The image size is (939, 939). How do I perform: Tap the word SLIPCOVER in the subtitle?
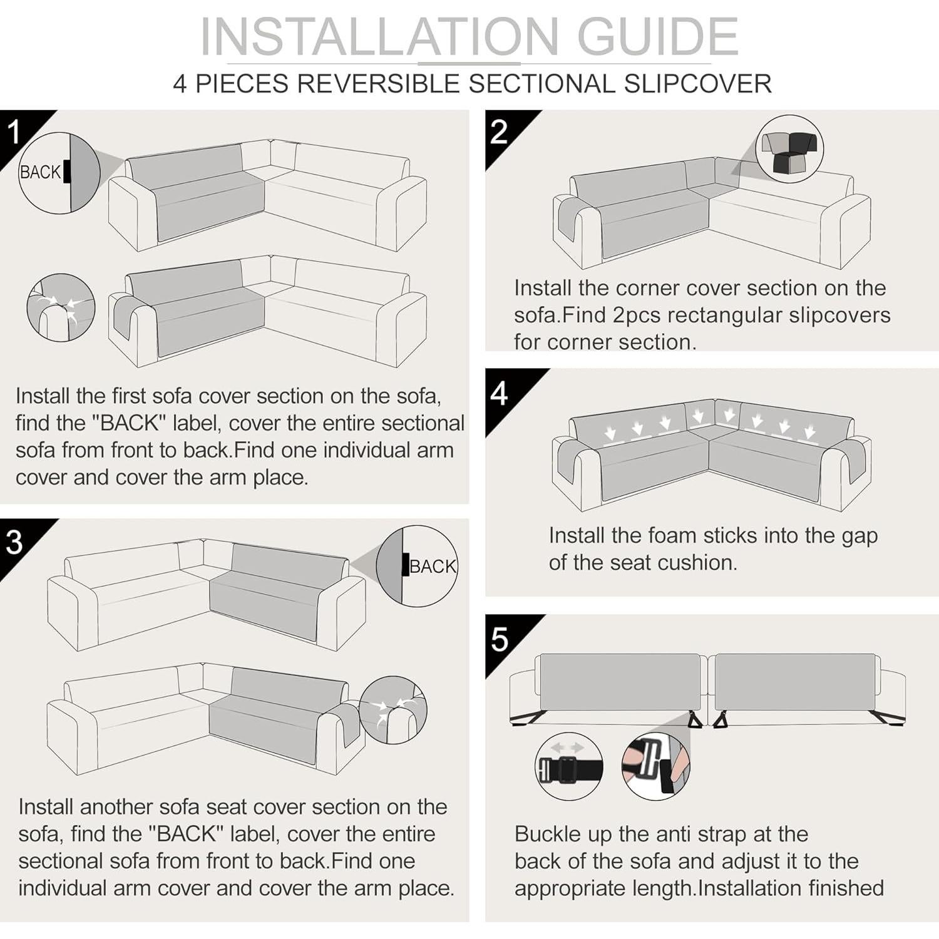[x=697, y=84]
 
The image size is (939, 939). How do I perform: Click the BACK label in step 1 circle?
[x=40, y=172]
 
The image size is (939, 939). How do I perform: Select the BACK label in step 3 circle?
[x=433, y=567]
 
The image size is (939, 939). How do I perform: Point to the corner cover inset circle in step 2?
[x=789, y=149]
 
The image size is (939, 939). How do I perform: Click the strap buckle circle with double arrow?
[x=569, y=766]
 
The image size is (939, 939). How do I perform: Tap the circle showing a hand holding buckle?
[x=656, y=766]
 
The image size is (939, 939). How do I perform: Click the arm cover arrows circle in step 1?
[x=61, y=307]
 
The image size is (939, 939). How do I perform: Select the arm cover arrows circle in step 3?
[x=393, y=710]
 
